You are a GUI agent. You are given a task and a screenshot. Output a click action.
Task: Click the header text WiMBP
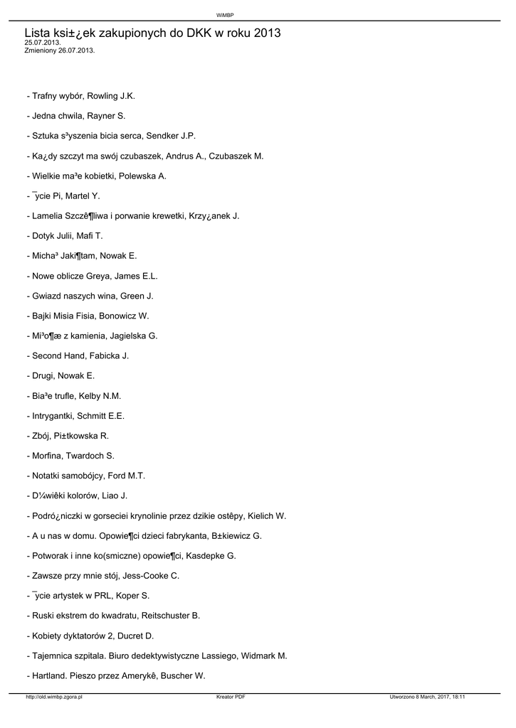click(x=225, y=14)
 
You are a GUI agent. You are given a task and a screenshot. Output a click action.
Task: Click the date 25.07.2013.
click(x=42, y=43)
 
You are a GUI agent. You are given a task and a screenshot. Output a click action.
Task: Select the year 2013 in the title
click(x=266, y=33)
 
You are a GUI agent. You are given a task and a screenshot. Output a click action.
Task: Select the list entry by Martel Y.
click(x=64, y=196)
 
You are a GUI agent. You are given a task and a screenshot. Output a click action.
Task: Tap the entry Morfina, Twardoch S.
click(x=70, y=456)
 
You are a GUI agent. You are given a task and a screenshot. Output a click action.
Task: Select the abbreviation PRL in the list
click(x=105, y=596)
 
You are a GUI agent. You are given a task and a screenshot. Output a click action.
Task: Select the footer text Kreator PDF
click(x=231, y=697)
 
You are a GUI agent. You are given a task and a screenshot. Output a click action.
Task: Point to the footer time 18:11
click(x=458, y=697)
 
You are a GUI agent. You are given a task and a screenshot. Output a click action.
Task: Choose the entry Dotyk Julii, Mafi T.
click(x=65, y=235)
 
